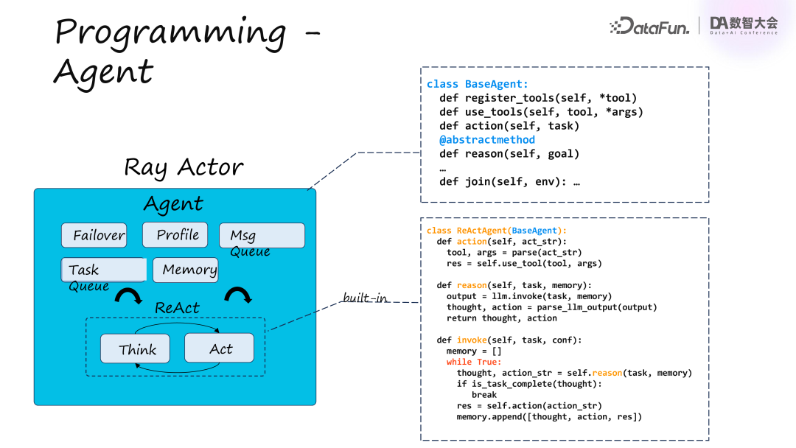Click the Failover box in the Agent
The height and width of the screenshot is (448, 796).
point(94,235)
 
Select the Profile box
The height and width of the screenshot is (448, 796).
point(175,234)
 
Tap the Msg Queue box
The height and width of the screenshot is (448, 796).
point(262,236)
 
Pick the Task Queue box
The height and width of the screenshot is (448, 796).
point(102,270)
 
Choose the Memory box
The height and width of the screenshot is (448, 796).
point(185,270)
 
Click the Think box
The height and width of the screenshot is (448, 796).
point(135,349)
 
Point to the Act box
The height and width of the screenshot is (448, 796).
point(219,348)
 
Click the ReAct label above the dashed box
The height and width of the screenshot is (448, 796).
point(177,307)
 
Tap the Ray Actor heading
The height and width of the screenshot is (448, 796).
point(184,167)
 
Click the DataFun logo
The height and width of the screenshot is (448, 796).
point(649,27)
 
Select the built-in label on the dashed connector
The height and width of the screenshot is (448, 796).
point(366,298)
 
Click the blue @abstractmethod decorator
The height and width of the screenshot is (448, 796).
point(487,140)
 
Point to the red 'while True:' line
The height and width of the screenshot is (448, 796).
point(473,362)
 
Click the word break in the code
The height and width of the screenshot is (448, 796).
point(484,394)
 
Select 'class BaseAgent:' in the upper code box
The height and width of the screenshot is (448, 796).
point(478,85)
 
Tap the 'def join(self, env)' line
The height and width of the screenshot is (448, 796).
point(509,181)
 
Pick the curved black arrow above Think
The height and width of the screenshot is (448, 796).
point(129,295)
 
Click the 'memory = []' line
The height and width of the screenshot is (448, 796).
point(474,351)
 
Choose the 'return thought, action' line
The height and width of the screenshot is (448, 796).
point(501,318)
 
